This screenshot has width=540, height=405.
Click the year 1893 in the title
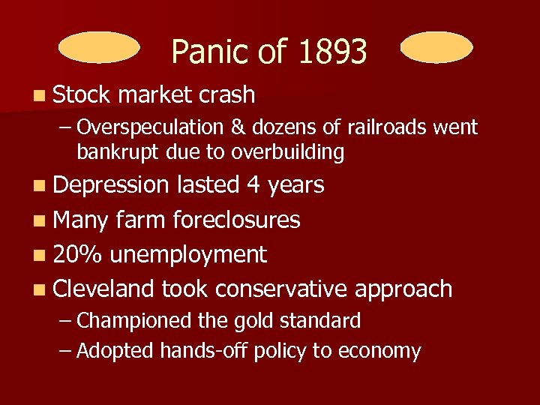click(x=332, y=52)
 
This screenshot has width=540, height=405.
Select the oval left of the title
click(x=99, y=47)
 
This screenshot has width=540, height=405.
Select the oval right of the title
click(x=436, y=47)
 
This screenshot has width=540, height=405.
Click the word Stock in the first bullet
click(x=82, y=95)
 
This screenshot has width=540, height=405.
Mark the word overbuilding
click(x=288, y=152)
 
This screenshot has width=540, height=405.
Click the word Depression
click(x=112, y=185)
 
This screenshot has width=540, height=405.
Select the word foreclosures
click(x=236, y=220)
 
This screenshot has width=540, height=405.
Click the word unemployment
click(x=188, y=255)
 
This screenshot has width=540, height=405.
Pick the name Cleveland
click(x=104, y=289)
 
